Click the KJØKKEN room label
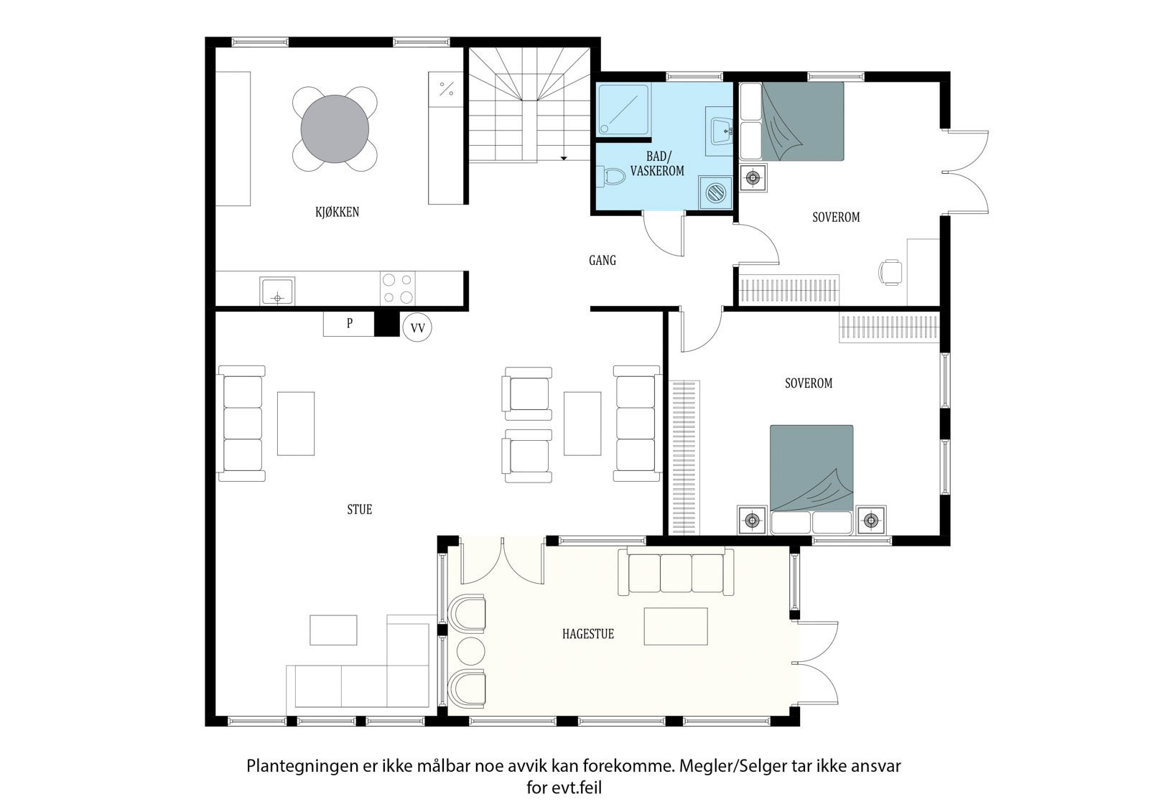point(337,212)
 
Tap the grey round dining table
point(335,129)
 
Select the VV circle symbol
point(417,327)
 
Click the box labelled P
point(349,324)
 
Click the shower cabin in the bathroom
point(623,110)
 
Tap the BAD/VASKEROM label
point(657,164)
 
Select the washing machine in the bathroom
point(716,193)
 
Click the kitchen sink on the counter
point(277,291)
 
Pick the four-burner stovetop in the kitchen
point(398,289)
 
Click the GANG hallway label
point(603,261)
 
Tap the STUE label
point(360,509)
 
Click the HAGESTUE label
point(588,634)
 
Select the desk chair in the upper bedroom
point(890,271)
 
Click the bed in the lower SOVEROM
point(811,480)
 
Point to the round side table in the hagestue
point(470,650)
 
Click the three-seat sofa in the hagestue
point(676,571)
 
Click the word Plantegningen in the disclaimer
point(302,766)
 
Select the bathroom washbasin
point(722,131)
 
